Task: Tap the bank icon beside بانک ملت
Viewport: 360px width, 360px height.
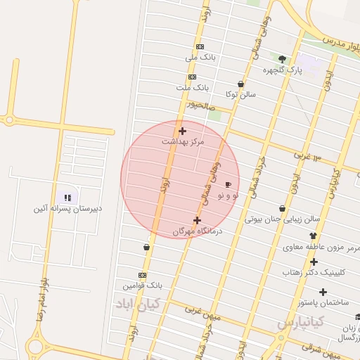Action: point(192,77)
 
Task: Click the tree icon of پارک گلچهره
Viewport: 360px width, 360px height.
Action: point(283,59)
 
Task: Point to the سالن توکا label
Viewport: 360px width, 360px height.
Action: point(240,94)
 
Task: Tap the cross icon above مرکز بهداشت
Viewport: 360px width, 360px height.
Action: point(183,131)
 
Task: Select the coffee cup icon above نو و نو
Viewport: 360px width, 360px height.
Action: point(228,184)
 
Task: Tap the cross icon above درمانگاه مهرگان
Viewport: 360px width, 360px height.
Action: point(197,220)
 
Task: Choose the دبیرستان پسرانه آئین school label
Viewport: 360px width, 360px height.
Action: point(67,209)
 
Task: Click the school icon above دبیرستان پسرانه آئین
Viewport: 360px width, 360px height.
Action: point(67,198)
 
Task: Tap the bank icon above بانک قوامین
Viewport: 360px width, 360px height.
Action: point(143,275)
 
